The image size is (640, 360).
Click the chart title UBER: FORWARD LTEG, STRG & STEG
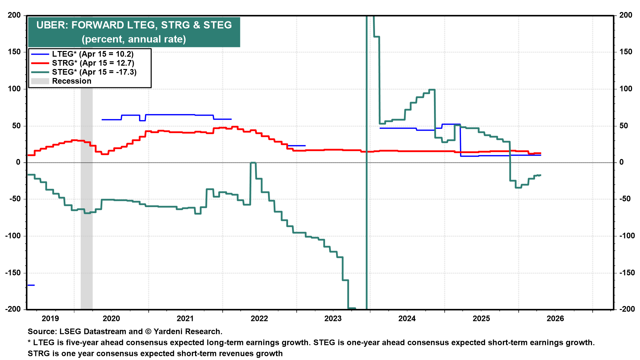pos(134,25)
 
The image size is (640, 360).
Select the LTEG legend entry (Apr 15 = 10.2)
pos(92,54)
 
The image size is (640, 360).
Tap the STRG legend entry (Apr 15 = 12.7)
pos(93,63)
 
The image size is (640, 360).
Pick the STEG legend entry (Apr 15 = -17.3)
pos(94,72)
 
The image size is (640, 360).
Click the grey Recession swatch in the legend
pos(40,81)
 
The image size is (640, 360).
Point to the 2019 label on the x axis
pos(50,319)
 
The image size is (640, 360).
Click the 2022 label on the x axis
pos(259,319)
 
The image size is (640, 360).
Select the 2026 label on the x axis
pos(555,319)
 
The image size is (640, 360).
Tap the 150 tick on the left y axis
pos(14,52)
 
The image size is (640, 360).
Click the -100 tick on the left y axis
pos(13,236)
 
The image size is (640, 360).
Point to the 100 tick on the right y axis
pos(626,89)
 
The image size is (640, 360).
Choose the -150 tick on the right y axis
pos(627,273)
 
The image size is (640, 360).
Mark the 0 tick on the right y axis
pos(622,162)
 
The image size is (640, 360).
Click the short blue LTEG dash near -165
pos(31,285)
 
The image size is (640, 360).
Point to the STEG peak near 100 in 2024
pos(432,90)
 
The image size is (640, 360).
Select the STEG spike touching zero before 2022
pos(253,163)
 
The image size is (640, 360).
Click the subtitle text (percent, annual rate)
pos(134,39)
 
